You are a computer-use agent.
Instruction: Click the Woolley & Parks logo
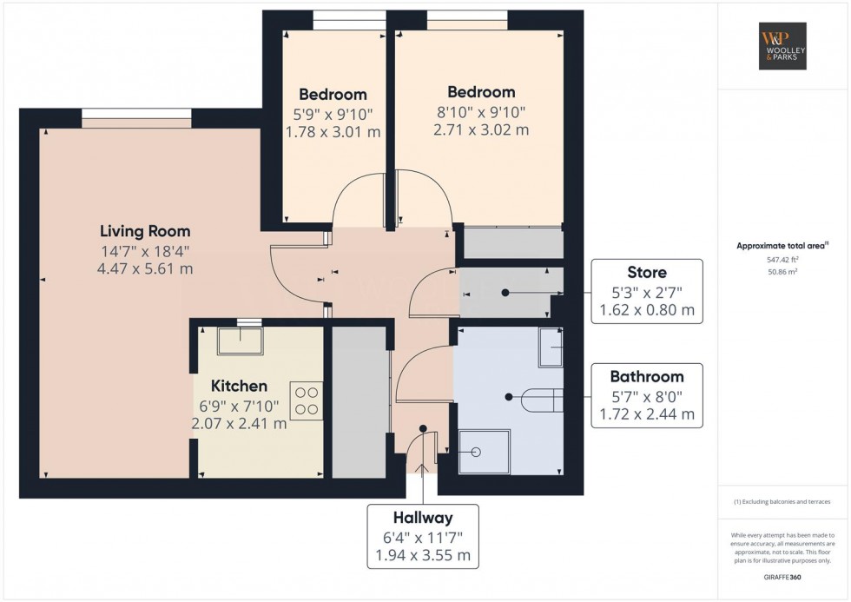click(x=783, y=46)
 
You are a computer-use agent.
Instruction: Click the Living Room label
click(x=145, y=231)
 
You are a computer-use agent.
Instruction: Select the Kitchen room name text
click(x=239, y=386)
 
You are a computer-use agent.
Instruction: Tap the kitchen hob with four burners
click(x=307, y=400)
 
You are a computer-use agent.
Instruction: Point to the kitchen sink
click(x=241, y=341)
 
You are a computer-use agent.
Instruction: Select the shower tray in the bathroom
click(x=485, y=452)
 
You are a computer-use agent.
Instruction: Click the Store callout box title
click(x=647, y=273)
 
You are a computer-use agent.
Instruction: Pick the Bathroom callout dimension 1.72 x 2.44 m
click(x=647, y=414)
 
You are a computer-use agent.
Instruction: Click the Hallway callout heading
click(x=422, y=518)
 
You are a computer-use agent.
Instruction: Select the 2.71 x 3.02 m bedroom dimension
click(x=481, y=130)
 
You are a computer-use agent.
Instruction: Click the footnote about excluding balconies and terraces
click(x=782, y=502)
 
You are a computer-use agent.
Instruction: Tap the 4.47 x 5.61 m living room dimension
click(x=145, y=268)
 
